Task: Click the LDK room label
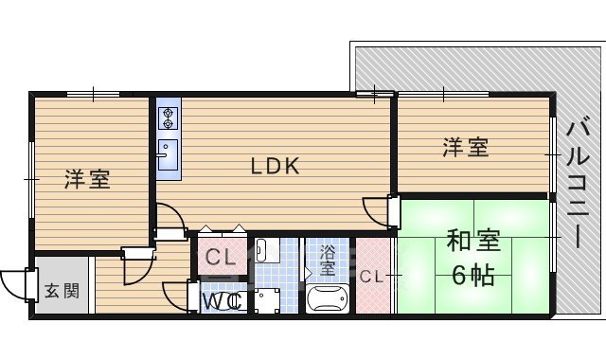point(275,167)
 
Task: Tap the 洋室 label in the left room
point(87,178)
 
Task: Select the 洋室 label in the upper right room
point(466,148)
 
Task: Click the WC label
point(224,301)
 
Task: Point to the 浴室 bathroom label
point(328,260)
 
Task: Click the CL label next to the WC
point(221,257)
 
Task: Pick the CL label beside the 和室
point(371,278)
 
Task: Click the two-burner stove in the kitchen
point(169,117)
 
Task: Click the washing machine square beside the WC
point(266,300)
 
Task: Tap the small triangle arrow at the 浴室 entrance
point(307,273)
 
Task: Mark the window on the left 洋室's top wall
point(93,93)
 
